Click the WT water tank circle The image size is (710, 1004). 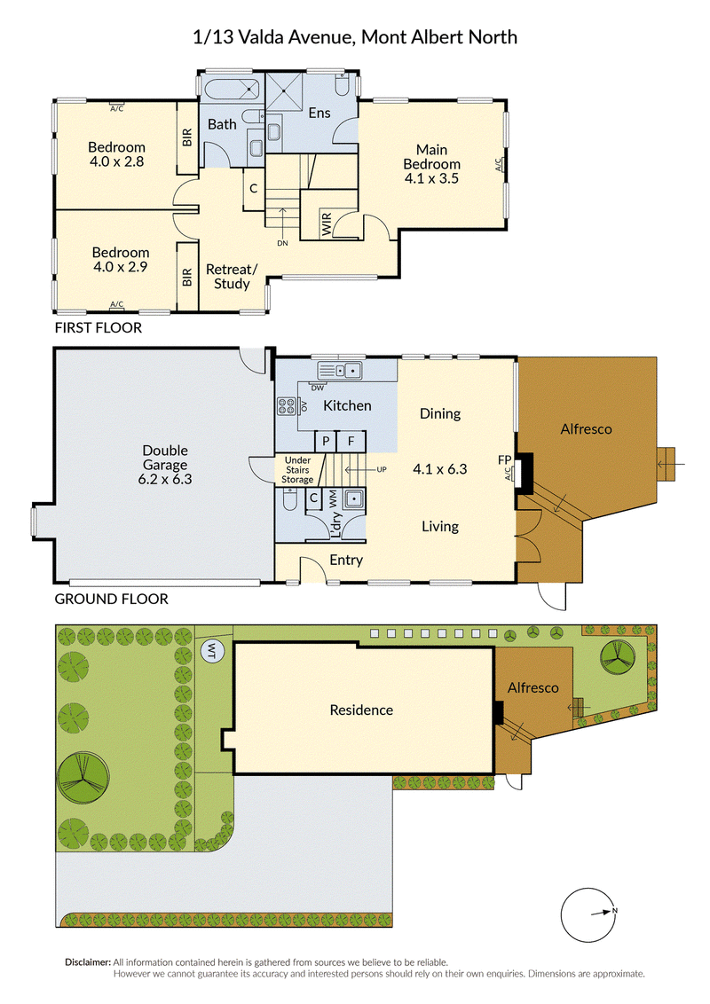pos(212,652)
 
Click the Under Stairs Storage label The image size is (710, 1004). pos(298,469)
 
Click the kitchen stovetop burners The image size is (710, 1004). pos(286,406)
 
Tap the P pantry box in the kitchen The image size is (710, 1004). pos(327,441)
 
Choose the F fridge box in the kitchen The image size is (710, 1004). pos(351,441)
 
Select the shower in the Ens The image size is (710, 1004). pos(283,92)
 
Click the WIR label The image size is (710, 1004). pos(327,224)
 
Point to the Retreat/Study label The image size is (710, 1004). pos(232,277)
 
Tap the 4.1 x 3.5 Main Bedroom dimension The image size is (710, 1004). pos(431,178)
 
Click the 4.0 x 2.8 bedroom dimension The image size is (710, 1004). pos(116,162)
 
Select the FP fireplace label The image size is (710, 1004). pos(504,459)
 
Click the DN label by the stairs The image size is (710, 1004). pos(282,243)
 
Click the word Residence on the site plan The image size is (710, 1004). pos(361,710)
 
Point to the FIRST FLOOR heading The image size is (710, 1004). pos(98,328)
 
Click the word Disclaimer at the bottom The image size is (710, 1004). pos(88,962)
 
